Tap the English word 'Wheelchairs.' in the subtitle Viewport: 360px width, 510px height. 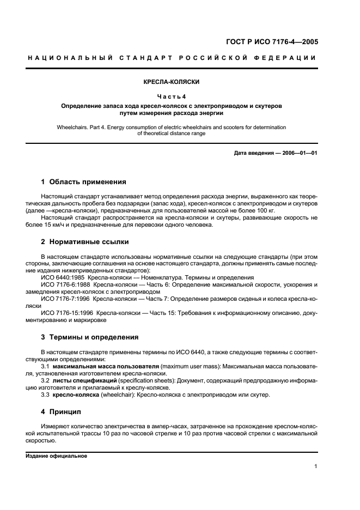pos(74,127)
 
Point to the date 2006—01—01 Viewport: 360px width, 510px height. pos(298,153)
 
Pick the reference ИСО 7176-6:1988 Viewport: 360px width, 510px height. pos(65,285)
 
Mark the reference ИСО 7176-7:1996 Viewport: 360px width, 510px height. pos(65,299)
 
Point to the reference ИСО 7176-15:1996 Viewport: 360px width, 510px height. pos(66,313)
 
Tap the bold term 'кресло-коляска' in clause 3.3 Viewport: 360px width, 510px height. pos(76,394)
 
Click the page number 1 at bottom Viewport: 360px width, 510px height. pos(316,466)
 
